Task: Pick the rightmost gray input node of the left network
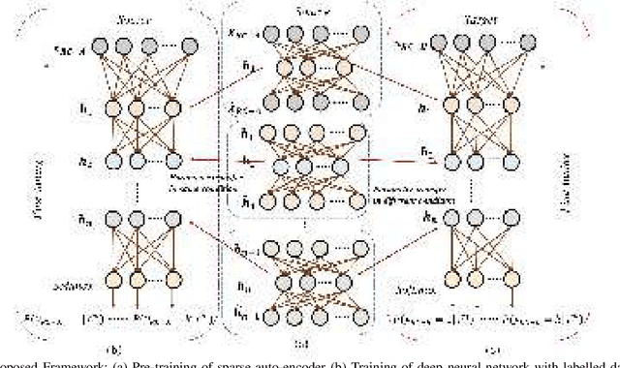pyautogui.click(x=176, y=45)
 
